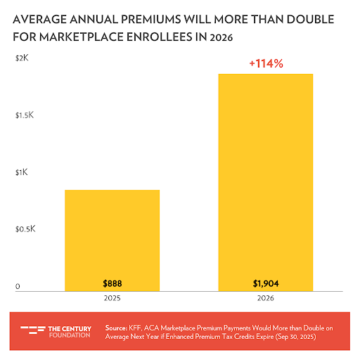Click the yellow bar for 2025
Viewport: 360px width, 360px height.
click(x=112, y=240)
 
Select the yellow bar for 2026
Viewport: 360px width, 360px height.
click(x=265, y=182)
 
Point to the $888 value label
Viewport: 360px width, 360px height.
click(x=112, y=283)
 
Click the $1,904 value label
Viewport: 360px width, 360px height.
click(x=265, y=283)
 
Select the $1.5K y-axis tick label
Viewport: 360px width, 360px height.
click(x=25, y=114)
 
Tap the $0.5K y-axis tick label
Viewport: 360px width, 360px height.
click(x=25, y=229)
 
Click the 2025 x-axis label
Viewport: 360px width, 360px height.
click(x=112, y=299)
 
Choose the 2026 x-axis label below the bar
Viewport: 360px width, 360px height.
click(x=265, y=299)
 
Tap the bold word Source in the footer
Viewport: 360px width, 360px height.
click(x=115, y=327)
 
